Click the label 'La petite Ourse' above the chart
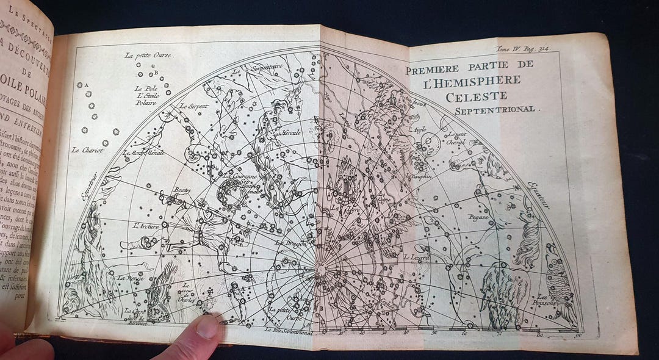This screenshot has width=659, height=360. click(x=149, y=55)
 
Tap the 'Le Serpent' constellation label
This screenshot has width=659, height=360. click(x=194, y=106)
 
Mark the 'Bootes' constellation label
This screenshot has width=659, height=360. click(x=182, y=190)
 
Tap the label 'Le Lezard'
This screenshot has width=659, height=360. click(x=417, y=258)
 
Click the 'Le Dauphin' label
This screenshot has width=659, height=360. click(x=419, y=176)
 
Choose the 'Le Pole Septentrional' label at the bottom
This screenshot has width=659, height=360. click(x=290, y=332)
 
